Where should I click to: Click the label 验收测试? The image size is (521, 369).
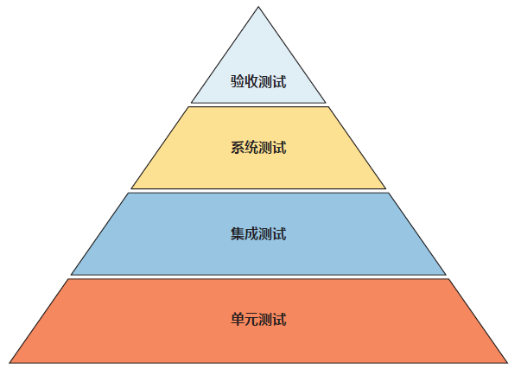[x=258, y=83]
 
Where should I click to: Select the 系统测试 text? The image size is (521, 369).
[x=258, y=148]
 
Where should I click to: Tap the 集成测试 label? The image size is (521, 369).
[x=258, y=234]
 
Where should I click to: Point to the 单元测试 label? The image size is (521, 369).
[x=258, y=319]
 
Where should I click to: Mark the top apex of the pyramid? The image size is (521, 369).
[x=258, y=8]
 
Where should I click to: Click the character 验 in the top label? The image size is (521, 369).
[x=238, y=83]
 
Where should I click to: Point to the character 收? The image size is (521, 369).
[x=251, y=83]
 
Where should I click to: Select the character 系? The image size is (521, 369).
[x=238, y=148]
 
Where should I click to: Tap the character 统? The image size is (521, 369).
[x=251, y=148]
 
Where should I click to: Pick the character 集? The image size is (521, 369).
[x=238, y=234]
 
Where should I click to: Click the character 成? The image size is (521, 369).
[x=251, y=234]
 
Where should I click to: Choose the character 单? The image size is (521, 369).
[x=238, y=319]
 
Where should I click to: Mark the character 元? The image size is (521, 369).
[x=251, y=319]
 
